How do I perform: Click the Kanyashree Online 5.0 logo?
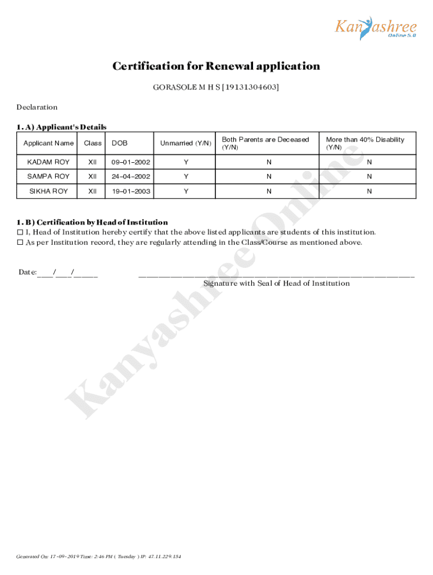376,28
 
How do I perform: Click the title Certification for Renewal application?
216,66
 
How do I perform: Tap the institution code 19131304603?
250,88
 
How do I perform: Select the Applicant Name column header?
48,143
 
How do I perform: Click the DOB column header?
119,143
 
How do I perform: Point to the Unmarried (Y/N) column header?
186,143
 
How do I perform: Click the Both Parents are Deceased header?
265,143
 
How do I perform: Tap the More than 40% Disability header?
365,143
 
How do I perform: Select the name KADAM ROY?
48,162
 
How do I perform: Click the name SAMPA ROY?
48,177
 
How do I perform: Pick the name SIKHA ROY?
48,191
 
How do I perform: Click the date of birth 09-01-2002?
131,162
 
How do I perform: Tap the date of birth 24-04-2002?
131,177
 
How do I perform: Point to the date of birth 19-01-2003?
131,191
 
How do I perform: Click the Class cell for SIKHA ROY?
93,191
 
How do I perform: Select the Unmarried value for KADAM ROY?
186,162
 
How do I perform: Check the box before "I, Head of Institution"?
20,232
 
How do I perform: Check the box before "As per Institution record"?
20,243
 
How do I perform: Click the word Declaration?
37,107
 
